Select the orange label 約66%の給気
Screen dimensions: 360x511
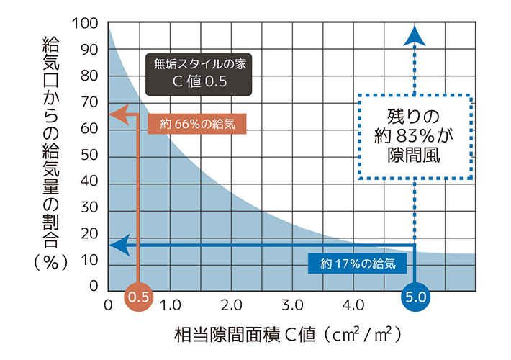196,124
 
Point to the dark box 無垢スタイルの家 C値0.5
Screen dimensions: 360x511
199,73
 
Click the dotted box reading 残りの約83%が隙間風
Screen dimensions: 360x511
414,135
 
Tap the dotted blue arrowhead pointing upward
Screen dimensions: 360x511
414,34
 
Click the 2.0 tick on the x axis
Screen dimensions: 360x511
232,305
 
